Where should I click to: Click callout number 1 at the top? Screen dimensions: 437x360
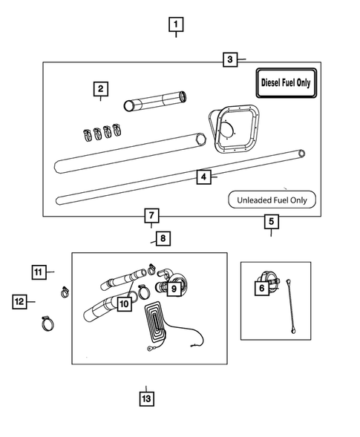(x=175, y=24)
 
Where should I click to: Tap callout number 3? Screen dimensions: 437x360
(x=230, y=59)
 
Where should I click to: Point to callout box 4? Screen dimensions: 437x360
(x=202, y=177)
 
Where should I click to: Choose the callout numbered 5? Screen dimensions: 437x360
(x=271, y=221)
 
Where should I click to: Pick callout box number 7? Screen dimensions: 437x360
(x=151, y=216)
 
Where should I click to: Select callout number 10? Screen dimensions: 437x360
(x=123, y=303)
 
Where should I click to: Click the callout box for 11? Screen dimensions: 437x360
(x=39, y=272)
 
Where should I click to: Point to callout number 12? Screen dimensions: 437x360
(x=19, y=301)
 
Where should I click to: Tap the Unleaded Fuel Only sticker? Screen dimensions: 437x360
(x=271, y=199)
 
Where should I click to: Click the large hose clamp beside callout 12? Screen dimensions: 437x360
(x=47, y=322)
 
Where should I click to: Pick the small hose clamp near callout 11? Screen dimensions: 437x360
(x=65, y=290)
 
